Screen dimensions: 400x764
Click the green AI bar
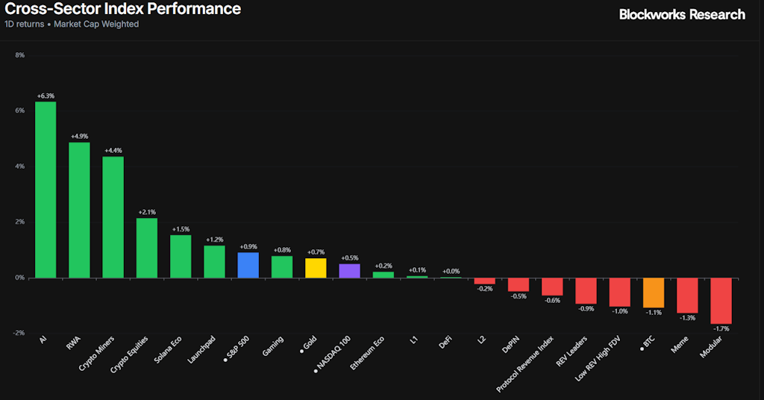[x=46, y=190]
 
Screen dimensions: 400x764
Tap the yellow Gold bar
[x=316, y=268]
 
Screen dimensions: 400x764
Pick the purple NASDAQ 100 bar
[x=349, y=271]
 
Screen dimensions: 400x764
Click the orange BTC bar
[x=654, y=293]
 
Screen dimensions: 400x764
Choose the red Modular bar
[x=721, y=301]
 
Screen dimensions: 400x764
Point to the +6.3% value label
[x=46, y=96]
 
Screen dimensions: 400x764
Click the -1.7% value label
[x=721, y=328]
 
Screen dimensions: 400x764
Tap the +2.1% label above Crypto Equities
[x=147, y=213]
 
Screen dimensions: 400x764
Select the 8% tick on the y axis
[x=20, y=55]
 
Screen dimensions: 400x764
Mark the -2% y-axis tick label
[x=19, y=333]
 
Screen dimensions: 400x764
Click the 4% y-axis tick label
[x=20, y=166]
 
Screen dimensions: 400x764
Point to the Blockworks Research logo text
[x=682, y=14]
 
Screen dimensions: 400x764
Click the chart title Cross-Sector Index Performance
[x=123, y=9]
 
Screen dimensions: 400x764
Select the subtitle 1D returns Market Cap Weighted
[x=72, y=24]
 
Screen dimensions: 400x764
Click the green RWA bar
[x=79, y=210]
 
